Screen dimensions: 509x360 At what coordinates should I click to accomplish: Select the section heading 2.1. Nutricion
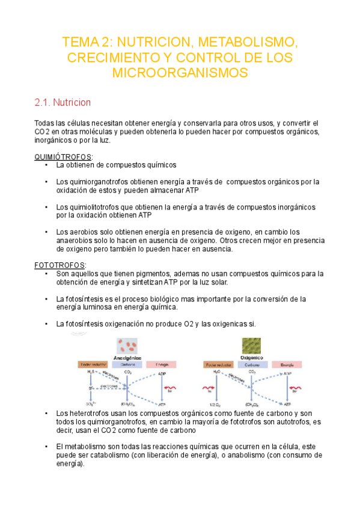pos(63,103)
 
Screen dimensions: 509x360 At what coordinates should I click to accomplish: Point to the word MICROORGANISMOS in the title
pos(180,73)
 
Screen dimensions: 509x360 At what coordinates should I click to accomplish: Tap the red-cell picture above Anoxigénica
pos(127,345)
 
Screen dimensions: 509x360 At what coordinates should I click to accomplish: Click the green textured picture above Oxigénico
pos(251,345)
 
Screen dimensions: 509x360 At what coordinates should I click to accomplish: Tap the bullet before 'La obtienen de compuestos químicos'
pos(46,164)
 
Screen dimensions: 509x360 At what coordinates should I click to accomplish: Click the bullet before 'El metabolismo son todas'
pos(46,447)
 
